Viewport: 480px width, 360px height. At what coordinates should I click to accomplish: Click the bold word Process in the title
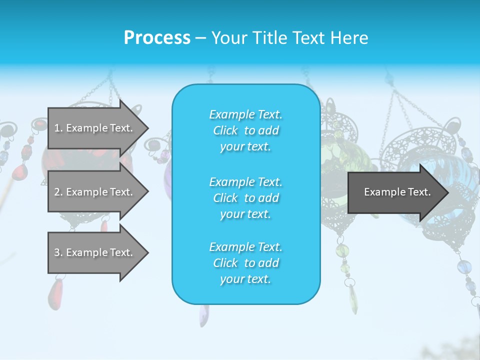(157, 38)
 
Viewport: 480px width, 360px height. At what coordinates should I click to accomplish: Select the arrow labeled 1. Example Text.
(95, 128)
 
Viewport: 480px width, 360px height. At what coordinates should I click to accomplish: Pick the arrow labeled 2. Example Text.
(95, 192)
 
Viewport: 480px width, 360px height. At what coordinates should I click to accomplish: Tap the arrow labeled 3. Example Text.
(95, 252)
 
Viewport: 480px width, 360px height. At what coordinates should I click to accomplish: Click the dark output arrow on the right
(395, 192)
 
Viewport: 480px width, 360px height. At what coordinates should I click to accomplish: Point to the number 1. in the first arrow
(58, 128)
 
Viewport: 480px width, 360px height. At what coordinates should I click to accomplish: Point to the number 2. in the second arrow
(58, 192)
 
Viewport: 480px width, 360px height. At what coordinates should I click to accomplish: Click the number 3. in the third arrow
(58, 252)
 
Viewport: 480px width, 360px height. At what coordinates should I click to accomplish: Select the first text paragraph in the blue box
(245, 130)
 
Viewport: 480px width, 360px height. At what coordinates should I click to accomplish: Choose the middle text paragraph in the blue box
(245, 198)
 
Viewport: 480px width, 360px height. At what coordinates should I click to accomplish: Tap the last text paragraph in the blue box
(245, 263)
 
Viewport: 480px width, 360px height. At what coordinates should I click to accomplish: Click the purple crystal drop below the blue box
(203, 315)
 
